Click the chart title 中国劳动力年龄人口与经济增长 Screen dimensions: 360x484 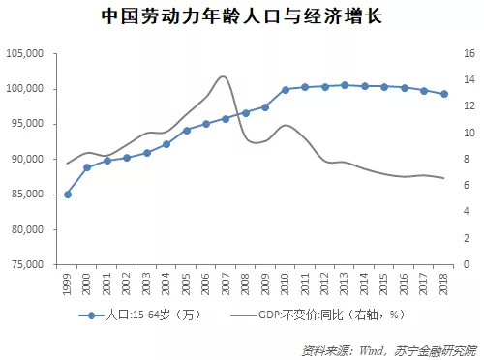241,16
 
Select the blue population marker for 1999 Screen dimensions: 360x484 67,195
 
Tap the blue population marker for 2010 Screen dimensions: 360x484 285,90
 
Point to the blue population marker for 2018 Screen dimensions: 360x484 443,94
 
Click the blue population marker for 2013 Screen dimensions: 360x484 344,85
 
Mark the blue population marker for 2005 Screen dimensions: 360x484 186,130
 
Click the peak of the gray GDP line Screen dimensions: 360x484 224,76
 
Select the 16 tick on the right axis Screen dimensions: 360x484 467,54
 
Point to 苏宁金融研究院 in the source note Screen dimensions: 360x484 435,346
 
